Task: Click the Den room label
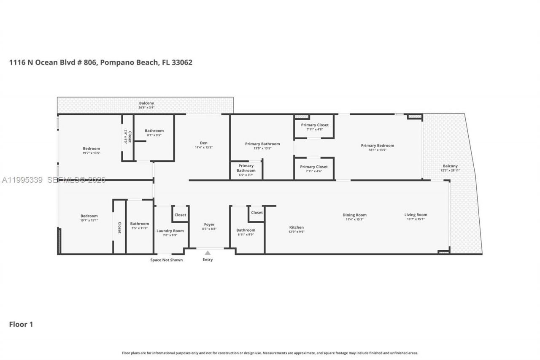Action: tap(204, 143)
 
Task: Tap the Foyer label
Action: tap(209, 225)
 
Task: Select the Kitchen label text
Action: tap(296, 227)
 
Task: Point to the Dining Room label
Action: tap(354, 215)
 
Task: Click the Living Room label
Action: tap(416, 215)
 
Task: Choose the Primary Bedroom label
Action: tap(377, 146)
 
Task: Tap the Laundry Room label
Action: tap(170, 231)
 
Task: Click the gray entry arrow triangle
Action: tap(208, 253)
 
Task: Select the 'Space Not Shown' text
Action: tap(167, 260)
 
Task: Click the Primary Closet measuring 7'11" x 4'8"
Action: tap(314, 125)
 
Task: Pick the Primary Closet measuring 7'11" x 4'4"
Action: tap(314, 167)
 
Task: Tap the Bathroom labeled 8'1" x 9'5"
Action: tap(154, 131)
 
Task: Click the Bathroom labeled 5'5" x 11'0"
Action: tap(139, 224)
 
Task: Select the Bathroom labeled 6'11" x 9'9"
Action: tap(246, 230)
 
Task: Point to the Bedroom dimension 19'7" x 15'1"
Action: tap(89, 220)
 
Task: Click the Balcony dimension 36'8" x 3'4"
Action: tap(146, 108)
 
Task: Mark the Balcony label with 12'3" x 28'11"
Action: tap(450, 166)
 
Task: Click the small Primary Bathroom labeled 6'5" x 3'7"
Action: tap(246, 166)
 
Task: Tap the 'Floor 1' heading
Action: tap(21, 325)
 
